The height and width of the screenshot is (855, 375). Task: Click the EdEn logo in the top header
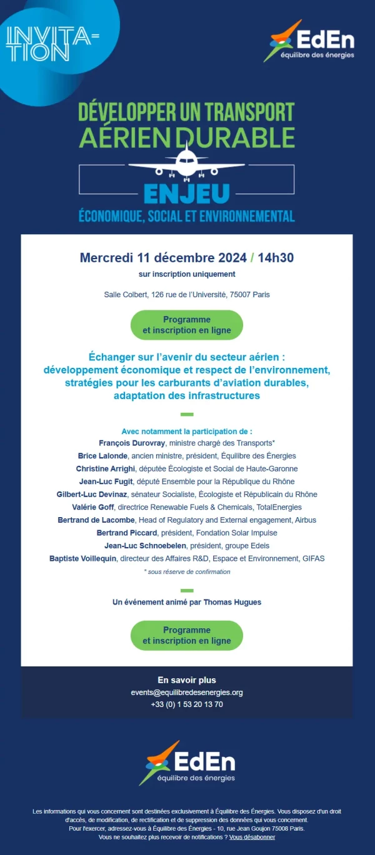point(309,41)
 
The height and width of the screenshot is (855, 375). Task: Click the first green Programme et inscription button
point(186,325)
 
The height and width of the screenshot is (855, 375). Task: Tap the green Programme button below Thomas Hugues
point(186,635)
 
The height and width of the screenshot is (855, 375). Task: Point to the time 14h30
point(276,257)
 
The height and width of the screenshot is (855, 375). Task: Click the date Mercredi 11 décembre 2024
point(163,257)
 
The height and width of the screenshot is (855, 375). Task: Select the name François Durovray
point(127,443)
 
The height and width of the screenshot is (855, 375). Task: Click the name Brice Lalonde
point(102,456)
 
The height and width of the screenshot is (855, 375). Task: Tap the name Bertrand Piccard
point(127,533)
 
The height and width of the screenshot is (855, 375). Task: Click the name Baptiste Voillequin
point(82,558)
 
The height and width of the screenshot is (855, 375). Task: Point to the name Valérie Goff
point(92,507)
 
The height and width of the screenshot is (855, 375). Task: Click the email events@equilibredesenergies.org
point(186,692)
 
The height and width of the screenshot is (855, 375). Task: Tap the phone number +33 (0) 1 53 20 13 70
point(186,704)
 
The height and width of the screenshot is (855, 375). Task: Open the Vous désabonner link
point(252,837)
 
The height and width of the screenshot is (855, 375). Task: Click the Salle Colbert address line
point(186,294)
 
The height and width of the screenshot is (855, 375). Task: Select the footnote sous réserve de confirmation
point(186,571)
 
